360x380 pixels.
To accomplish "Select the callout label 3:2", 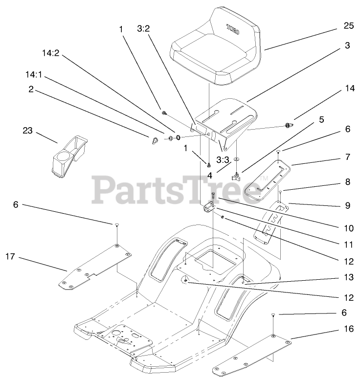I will point(143,30).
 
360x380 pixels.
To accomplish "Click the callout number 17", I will point(11,255).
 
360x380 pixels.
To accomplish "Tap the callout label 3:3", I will point(223,160).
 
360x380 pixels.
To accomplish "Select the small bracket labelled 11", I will point(210,208).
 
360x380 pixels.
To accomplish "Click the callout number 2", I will point(30,89).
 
